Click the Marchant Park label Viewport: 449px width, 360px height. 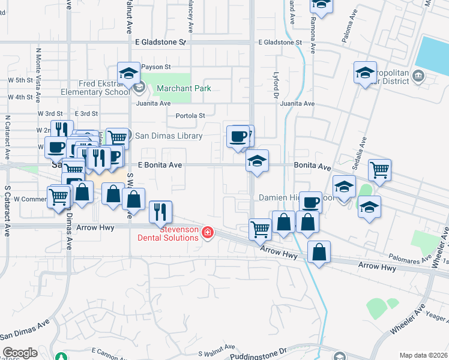tap(183, 88)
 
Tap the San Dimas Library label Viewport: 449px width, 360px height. tap(167, 135)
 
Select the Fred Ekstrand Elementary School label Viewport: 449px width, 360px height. tap(95, 88)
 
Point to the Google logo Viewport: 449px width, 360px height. tap(20, 353)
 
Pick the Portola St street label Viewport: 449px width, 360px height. tap(190, 116)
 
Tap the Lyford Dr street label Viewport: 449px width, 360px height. tap(277, 84)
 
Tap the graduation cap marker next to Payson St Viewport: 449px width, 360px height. tap(128, 74)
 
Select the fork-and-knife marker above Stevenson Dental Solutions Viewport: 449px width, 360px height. tap(160, 211)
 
